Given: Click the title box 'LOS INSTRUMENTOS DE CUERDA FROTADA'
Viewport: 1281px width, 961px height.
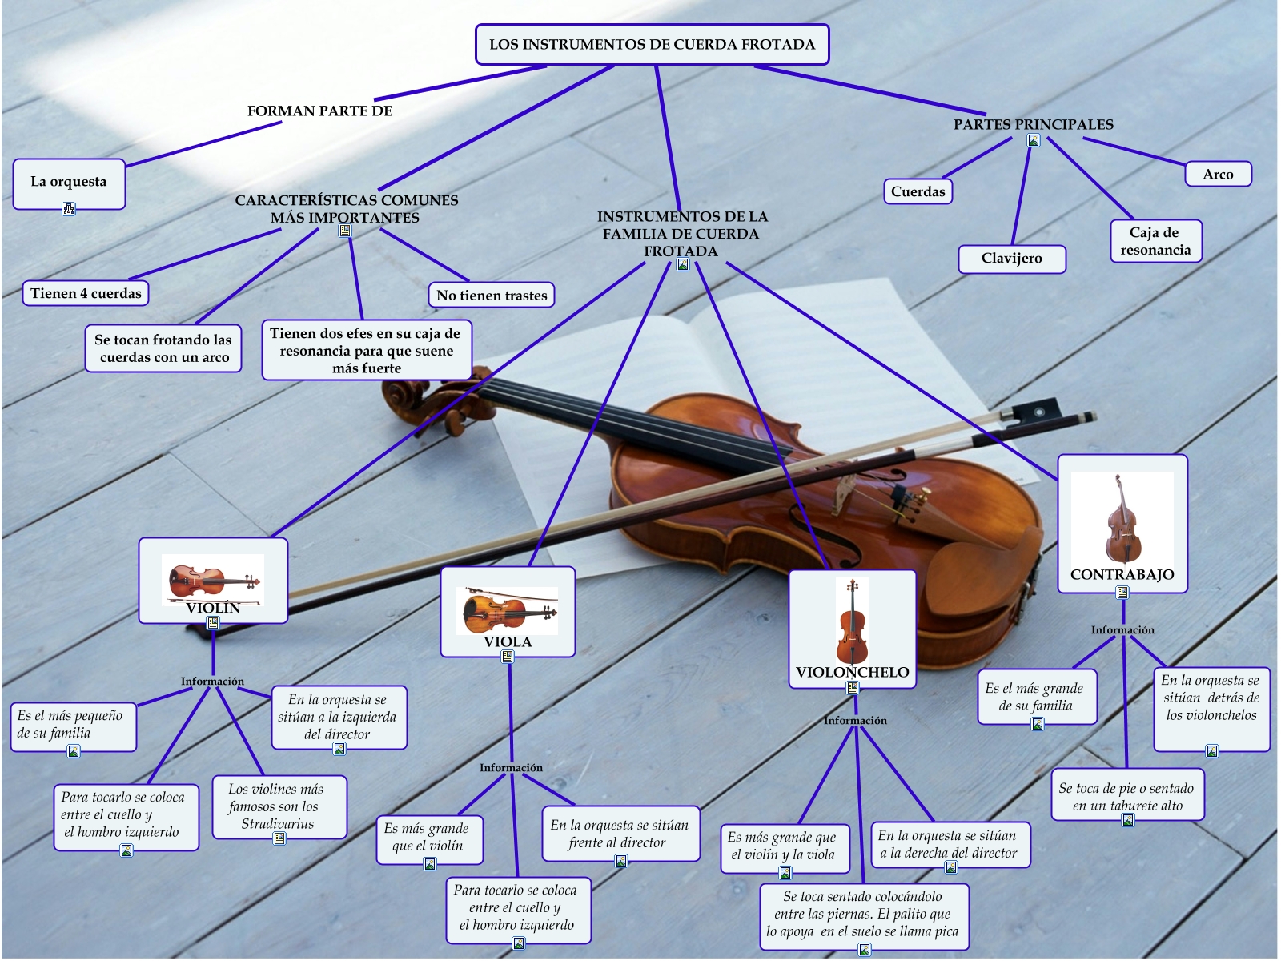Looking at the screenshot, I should pos(652,45).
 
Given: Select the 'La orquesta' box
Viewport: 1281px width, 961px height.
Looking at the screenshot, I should pos(69,183).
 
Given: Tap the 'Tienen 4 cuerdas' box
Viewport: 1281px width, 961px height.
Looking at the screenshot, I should pos(86,293).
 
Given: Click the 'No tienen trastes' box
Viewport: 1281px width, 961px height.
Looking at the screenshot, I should pos(492,295).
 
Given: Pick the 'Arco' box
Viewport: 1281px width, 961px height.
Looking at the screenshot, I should pos(1218,174).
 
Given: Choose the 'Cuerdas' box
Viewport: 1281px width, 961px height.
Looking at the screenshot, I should pos(918,191).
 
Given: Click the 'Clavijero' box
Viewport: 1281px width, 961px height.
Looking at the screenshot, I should pos(1012,258).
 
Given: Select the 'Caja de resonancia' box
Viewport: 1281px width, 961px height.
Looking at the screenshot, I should pos(1155,241).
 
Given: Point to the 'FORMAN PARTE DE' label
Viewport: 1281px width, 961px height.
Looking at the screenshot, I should pos(319,111).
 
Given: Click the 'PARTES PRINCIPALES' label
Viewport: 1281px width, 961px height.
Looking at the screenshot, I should pos(1033,124).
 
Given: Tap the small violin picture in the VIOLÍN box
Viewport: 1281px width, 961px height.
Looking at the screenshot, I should pos(213,578).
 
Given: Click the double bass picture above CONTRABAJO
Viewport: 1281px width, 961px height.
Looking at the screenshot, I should pos(1122,519).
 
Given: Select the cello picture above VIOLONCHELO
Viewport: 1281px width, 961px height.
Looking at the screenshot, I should pos(852,621).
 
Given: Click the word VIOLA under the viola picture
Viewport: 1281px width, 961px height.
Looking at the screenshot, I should pos(508,641).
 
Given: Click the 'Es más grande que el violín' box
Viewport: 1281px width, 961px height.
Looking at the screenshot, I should pos(429,838).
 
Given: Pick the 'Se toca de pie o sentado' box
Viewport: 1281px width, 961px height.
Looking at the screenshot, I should pos(1126,797).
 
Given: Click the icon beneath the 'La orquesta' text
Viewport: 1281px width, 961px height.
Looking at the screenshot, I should pos(69,209).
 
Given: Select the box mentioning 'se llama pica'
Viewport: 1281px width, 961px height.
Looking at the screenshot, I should pos(863,915).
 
